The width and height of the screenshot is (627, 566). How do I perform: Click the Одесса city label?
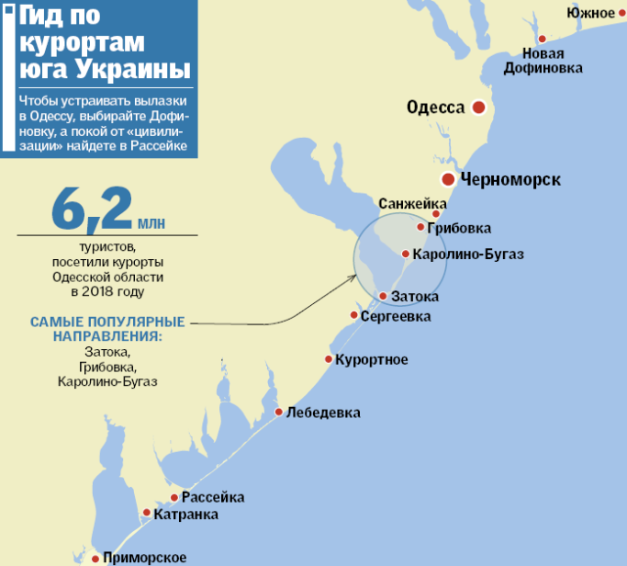click(x=435, y=108)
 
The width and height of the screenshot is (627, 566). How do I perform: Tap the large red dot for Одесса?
click(x=478, y=108)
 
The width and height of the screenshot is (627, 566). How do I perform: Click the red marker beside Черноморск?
click(x=447, y=179)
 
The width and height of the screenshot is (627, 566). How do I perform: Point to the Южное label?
click(x=589, y=12)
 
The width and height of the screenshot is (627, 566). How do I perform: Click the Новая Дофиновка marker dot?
click(x=543, y=39)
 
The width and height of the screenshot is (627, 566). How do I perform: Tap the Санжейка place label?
click(x=412, y=203)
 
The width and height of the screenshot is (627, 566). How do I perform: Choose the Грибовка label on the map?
click(x=459, y=228)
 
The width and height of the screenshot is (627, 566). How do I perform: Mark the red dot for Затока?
click(x=383, y=296)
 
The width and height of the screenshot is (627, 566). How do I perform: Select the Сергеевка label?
click(x=396, y=316)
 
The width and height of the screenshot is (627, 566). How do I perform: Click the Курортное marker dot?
click(x=329, y=359)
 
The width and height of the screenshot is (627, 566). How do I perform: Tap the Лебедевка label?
click(x=323, y=412)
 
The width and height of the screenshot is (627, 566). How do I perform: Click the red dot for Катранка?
click(x=145, y=515)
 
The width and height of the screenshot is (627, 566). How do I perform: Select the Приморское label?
click(x=145, y=558)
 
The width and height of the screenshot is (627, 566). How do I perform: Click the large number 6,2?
click(x=92, y=210)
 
